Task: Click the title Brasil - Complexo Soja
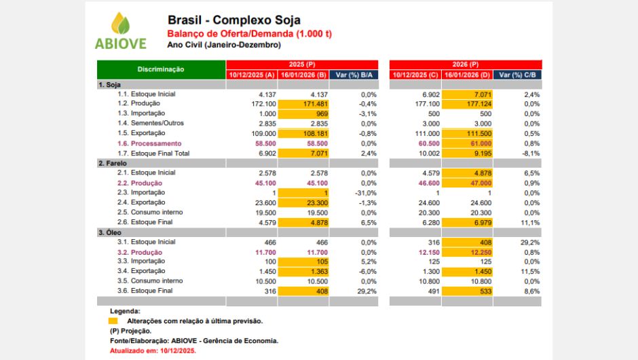[x=233, y=20]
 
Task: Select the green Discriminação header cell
[x=161, y=69]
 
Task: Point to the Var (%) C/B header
[x=517, y=75]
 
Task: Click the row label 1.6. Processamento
[x=149, y=144]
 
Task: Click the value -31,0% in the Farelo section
[x=362, y=194]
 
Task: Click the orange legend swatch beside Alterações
[x=113, y=321]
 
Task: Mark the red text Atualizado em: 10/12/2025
[x=153, y=351]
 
